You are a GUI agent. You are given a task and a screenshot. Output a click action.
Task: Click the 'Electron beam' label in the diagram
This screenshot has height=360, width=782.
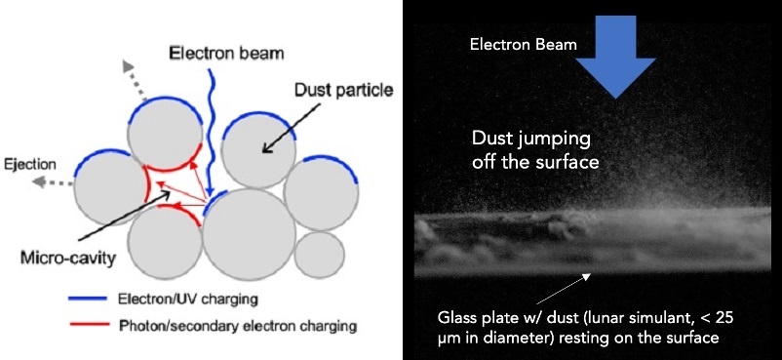(x=226, y=53)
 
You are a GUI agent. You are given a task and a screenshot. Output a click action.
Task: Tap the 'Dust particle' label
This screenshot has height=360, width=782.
(x=343, y=91)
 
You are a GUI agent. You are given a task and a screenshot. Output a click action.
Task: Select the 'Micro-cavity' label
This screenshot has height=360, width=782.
(x=68, y=259)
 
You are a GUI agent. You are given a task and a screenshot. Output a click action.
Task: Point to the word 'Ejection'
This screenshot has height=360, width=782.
(x=29, y=165)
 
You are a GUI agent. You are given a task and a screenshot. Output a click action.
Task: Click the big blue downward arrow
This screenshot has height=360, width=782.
(x=616, y=57)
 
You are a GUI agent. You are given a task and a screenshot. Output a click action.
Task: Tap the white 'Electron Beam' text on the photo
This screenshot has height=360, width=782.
(x=524, y=45)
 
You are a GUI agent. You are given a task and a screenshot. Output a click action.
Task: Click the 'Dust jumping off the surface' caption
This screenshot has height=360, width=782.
(x=535, y=150)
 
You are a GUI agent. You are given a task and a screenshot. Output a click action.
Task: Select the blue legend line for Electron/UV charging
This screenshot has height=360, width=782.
(x=89, y=300)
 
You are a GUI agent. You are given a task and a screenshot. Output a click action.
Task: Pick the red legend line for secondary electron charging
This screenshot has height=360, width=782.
(x=89, y=325)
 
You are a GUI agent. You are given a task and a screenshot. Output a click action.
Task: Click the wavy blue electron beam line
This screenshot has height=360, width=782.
(x=211, y=133)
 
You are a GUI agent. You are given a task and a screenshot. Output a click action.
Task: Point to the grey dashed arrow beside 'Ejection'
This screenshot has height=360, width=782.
(x=54, y=182)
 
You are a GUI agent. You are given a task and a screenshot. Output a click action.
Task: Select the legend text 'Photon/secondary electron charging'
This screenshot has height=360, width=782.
(x=238, y=327)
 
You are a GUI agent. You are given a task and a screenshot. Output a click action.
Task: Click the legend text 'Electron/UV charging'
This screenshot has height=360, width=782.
(x=187, y=300)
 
